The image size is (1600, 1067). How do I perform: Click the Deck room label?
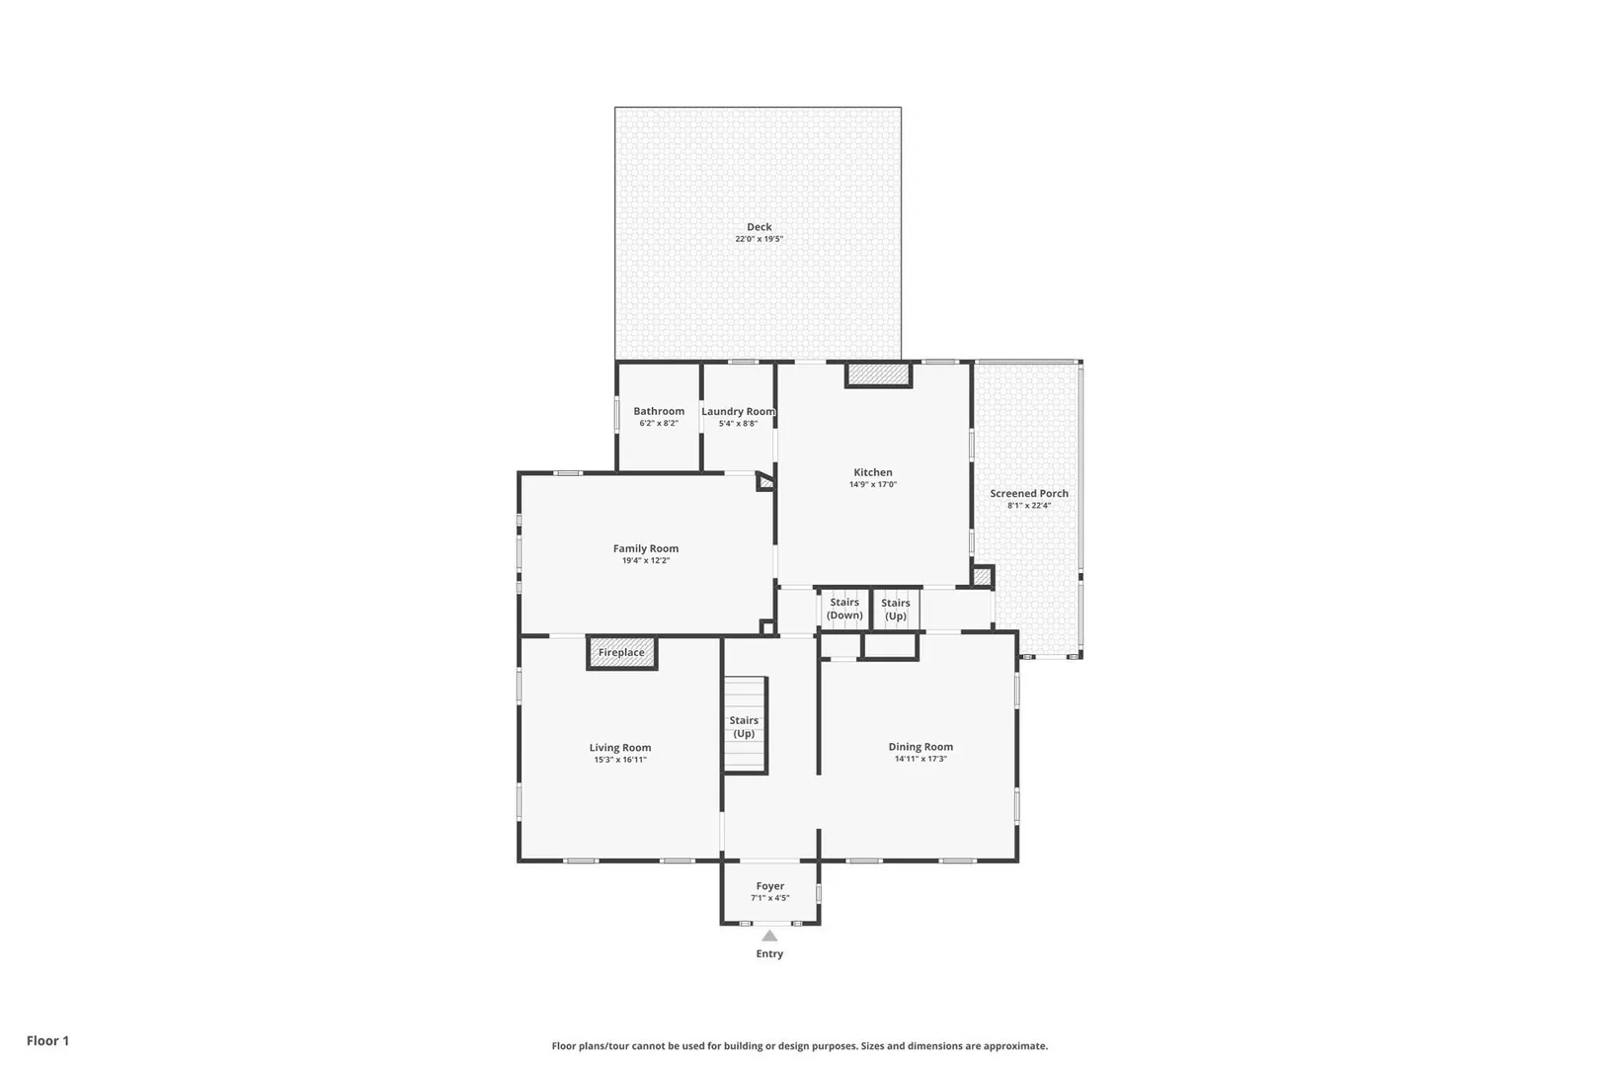pos(759,226)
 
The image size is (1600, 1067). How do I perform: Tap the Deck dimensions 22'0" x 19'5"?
pos(759,239)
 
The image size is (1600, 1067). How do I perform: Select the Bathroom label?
pos(659,411)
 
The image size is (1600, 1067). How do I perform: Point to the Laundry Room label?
pos(738,411)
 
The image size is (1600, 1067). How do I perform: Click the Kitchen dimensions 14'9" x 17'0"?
pos(873,484)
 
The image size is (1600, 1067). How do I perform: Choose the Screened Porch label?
pos(1029,493)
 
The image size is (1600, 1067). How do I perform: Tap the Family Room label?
pos(646,548)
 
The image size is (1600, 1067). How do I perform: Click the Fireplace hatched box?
pos(621,652)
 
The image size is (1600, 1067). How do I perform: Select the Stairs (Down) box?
pos(844,609)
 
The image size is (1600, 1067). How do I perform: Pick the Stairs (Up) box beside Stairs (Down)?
pos(896,609)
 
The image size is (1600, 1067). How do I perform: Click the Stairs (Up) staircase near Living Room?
pos(745,725)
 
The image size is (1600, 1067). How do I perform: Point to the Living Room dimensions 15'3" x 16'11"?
pos(620,760)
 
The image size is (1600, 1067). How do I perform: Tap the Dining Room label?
pos(920,747)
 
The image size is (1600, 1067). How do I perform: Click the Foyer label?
pos(770,886)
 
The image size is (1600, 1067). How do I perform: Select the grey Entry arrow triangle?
pos(769,936)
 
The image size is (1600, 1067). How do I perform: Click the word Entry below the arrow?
pos(770,954)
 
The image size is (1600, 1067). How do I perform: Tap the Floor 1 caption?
pos(47,1040)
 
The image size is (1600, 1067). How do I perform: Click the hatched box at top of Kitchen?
pos(878,375)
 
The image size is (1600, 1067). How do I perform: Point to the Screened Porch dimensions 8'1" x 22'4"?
pos(1029,505)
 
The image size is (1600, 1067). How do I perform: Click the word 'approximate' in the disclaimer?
pos(1015,1046)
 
